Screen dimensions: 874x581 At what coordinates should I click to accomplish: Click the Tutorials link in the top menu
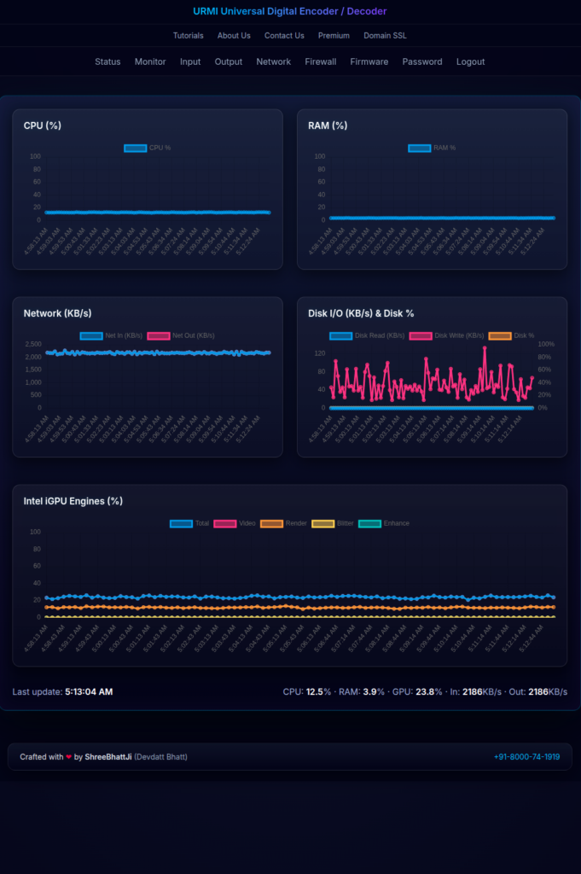click(188, 36)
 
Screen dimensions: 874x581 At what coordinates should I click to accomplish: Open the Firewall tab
click(321, 61)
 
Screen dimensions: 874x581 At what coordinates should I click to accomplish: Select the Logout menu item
click(470, 61)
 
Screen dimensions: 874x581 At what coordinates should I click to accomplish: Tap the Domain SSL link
click(386, 36)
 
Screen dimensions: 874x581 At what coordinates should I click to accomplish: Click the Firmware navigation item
click(369, 61)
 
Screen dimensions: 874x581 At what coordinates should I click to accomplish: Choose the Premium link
click(334, 36)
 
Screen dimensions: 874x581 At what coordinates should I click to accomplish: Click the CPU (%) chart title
click(43, 125)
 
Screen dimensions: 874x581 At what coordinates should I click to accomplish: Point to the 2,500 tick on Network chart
click(33, 344)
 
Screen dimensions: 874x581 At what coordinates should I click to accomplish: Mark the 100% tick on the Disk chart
click(546, 344)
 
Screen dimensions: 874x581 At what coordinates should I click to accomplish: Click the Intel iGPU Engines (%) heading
click(73, 501)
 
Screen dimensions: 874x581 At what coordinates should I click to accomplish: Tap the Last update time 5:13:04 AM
click(89, 691)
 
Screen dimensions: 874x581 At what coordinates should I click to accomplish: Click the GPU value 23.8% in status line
click(428, 691)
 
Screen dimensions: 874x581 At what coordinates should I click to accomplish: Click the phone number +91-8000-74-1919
click(526, 756)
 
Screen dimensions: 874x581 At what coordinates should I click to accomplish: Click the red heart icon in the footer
click(69, 757)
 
